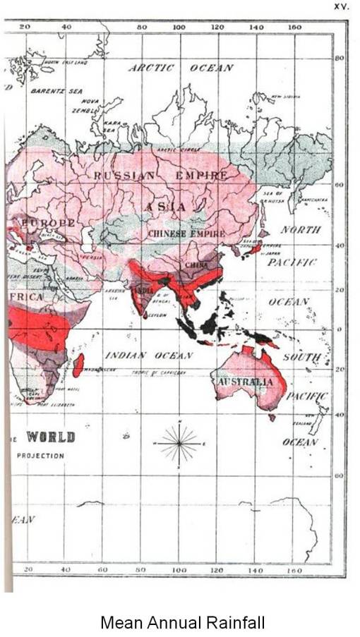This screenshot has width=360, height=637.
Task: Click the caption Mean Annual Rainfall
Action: point(182,623)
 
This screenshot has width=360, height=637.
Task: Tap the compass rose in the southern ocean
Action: point(179,443)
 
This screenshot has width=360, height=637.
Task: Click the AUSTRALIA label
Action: point(245,382)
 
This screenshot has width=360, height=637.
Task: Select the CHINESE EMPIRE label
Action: point(182,233)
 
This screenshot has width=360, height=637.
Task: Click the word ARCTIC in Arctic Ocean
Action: point(150,68)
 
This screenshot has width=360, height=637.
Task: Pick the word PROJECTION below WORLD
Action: point(40,456)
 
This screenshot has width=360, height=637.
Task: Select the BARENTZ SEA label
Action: point(56,91)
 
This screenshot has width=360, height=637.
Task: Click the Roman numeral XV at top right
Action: point(342,6)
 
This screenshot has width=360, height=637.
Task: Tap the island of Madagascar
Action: point(78,365)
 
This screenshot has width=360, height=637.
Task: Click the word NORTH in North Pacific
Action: point(301,230)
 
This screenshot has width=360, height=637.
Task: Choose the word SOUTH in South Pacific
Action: point(301,358)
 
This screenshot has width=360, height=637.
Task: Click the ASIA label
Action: point(167,207)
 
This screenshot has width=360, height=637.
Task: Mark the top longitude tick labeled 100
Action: point(179,27)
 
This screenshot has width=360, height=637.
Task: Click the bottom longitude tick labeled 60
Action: point(102,569)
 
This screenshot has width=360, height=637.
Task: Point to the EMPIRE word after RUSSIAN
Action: point(201,175)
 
